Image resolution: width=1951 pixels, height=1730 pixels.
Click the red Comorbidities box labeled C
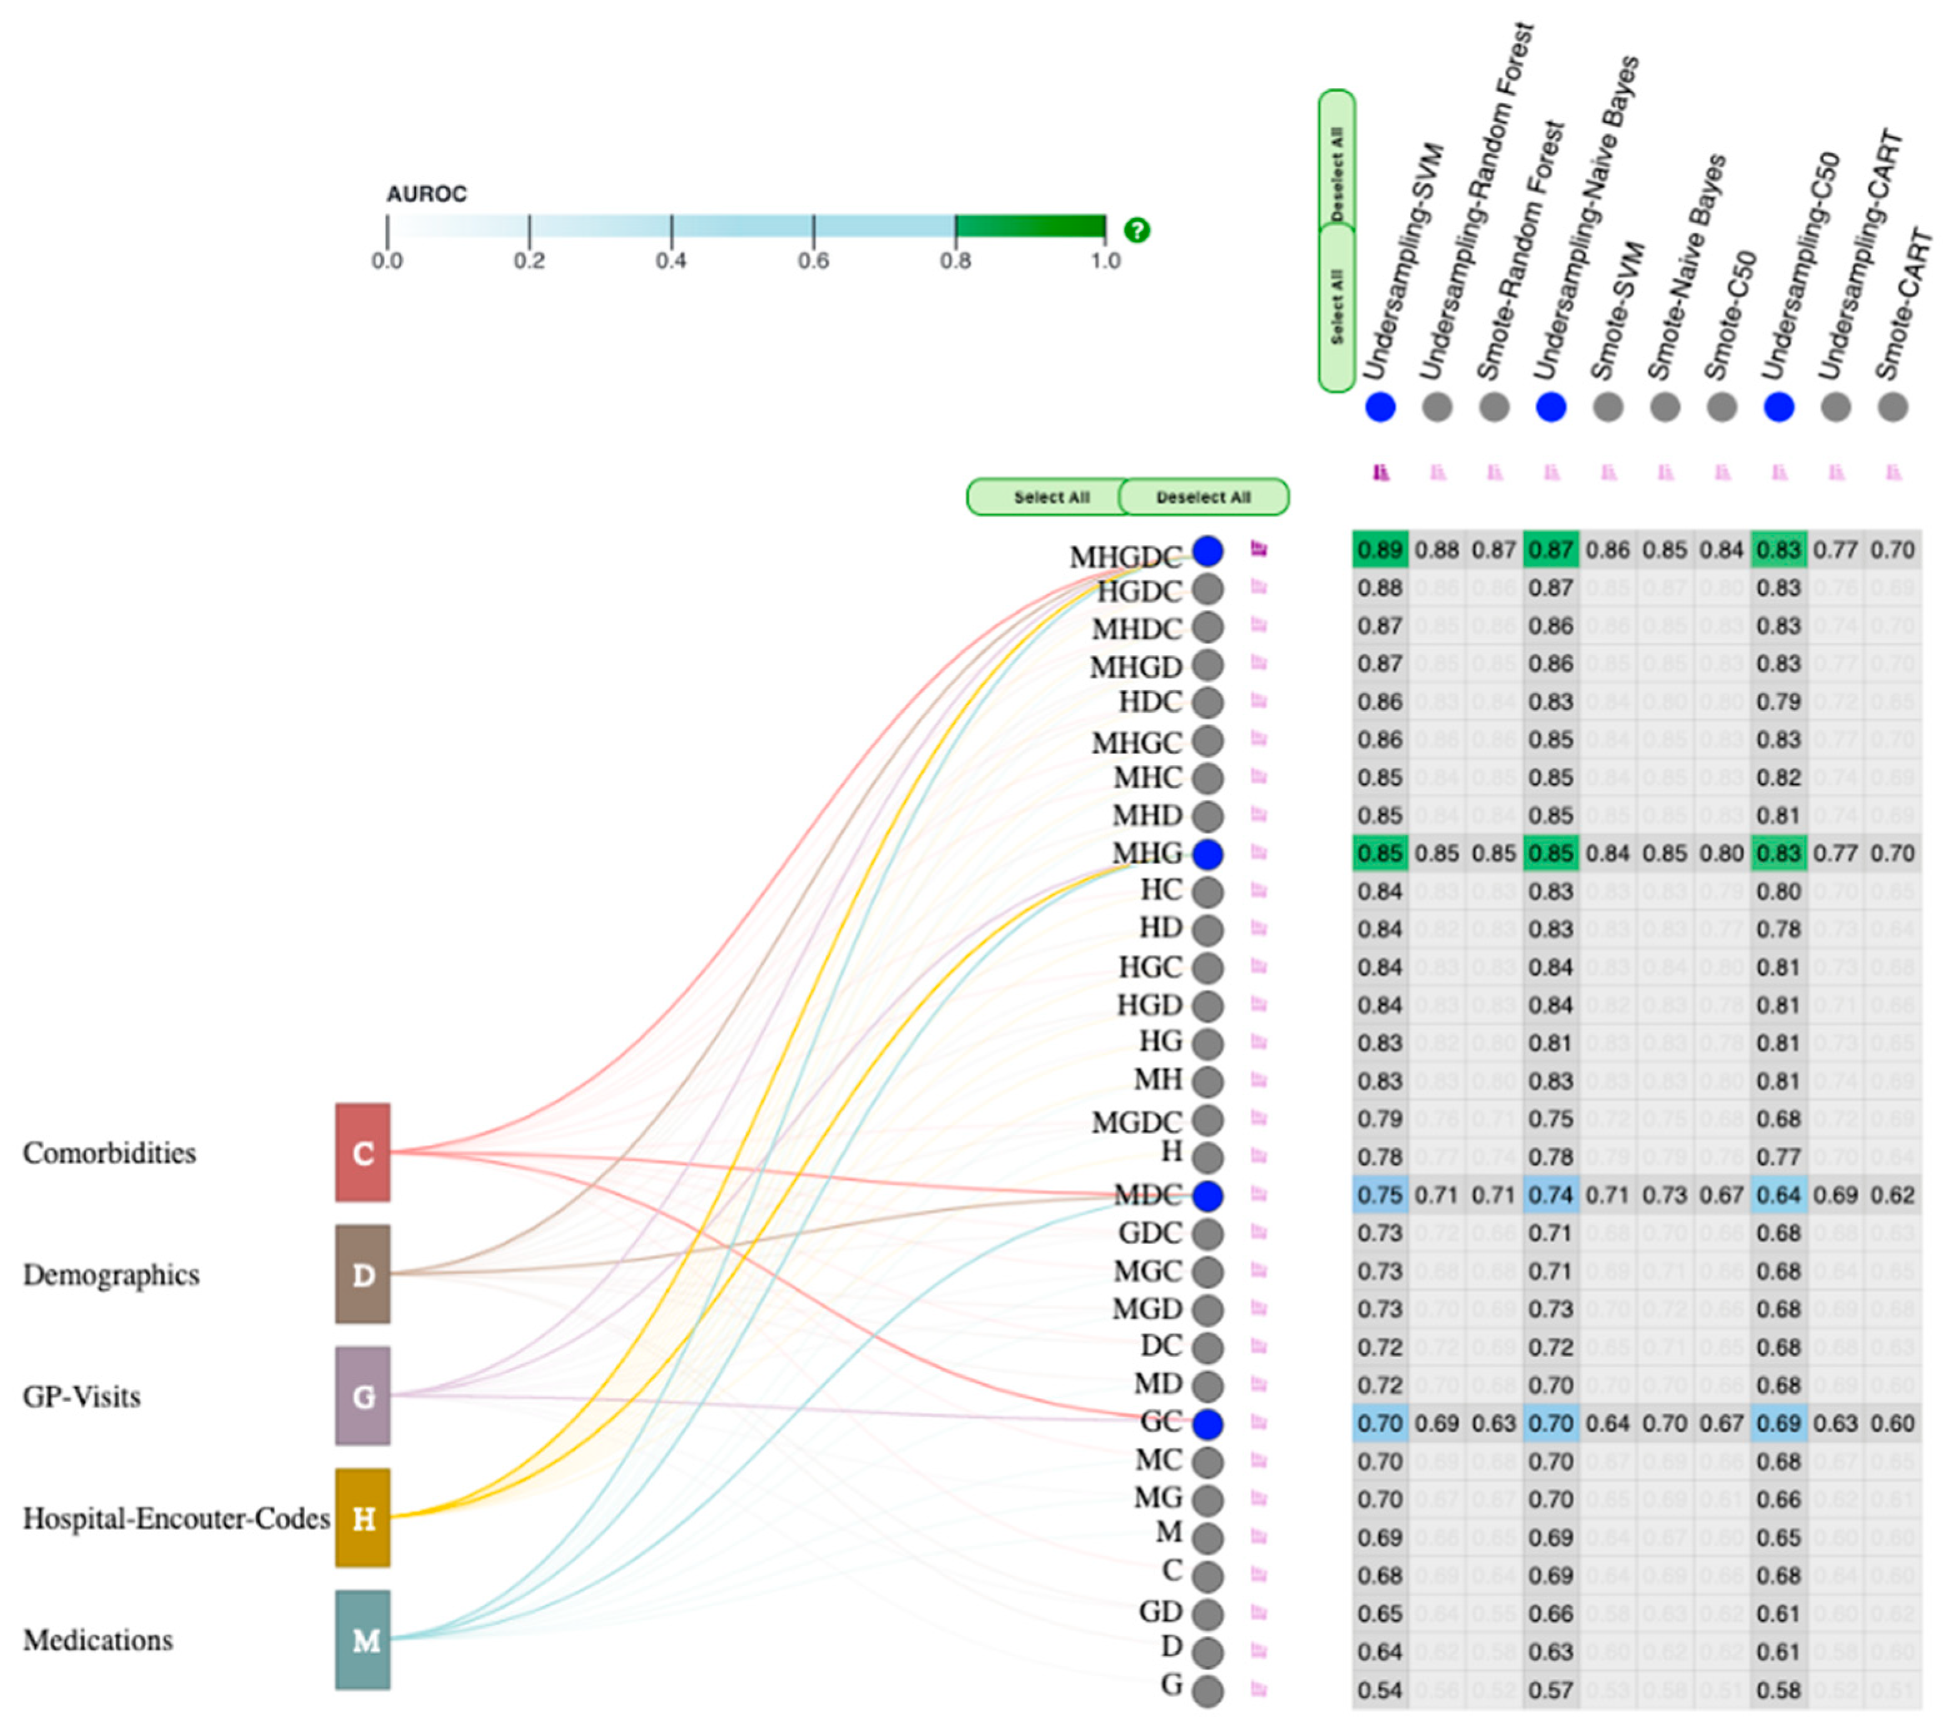coord(362,1152)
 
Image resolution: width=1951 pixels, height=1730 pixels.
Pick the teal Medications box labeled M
coord(362,1639)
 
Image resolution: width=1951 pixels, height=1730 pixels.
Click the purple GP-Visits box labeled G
coord(362,1396)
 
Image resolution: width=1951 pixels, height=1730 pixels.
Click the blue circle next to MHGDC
coord(1207,551)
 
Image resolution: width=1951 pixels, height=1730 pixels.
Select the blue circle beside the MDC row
coord(1207,1195)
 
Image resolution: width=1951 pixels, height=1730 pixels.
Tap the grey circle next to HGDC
coord(1207,588)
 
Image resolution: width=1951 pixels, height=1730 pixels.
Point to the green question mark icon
coord(1137,230)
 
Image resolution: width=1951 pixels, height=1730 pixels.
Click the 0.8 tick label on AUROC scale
coord(956,261)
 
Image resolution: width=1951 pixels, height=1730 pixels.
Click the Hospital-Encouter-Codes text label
coord(177,1518)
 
